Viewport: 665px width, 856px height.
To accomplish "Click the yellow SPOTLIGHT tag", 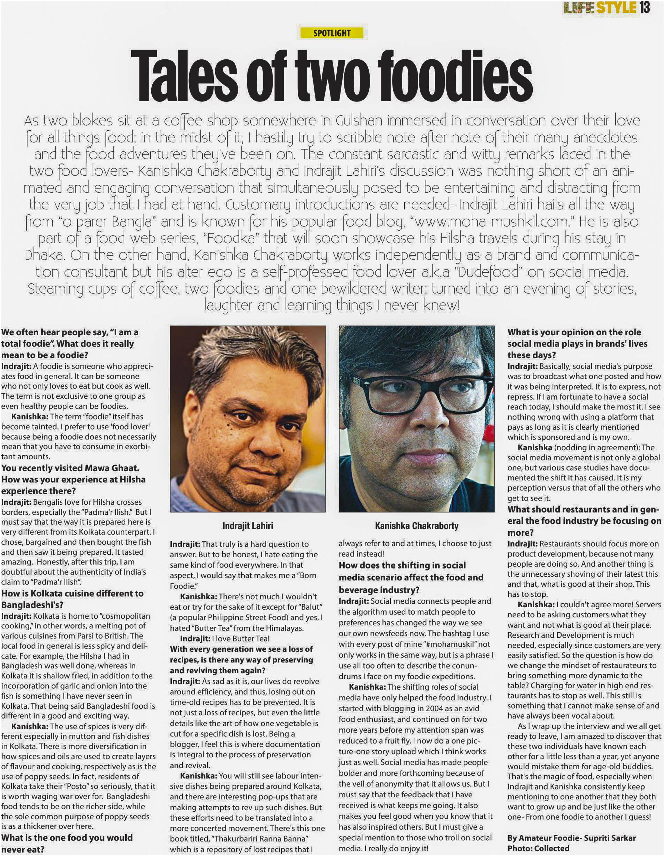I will click(332, 33).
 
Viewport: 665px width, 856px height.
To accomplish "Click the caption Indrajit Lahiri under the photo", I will click(248, 526).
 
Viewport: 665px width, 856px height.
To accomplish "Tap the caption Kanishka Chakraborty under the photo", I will click(416, 526).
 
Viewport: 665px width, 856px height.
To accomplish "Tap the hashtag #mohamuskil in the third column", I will click(445, 644).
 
